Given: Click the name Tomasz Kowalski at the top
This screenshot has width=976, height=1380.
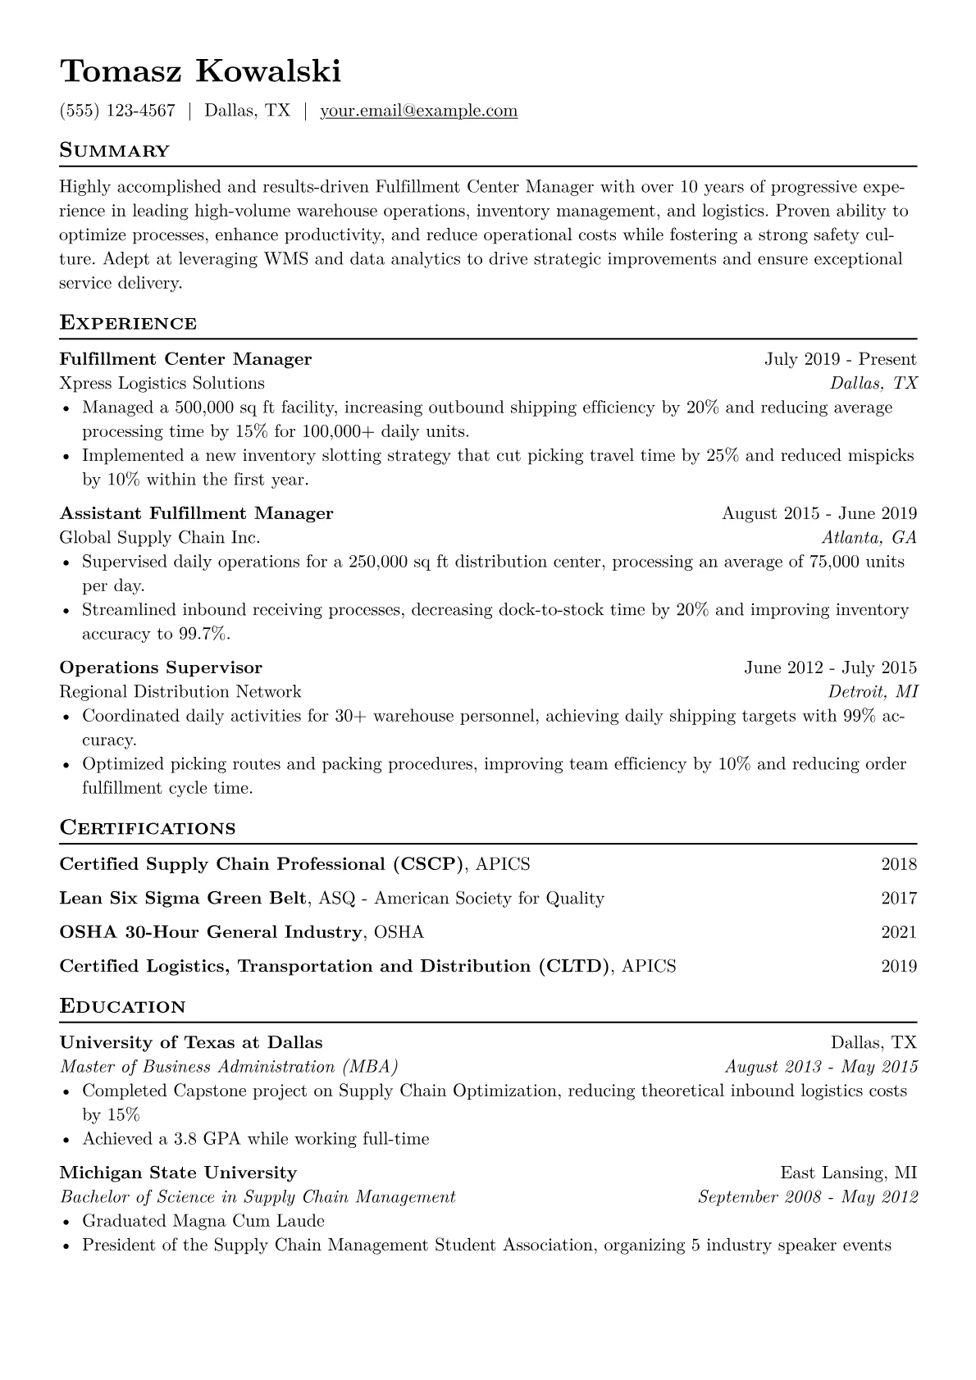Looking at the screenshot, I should (200, 71).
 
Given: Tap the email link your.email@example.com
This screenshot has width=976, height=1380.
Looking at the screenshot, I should (418, 111).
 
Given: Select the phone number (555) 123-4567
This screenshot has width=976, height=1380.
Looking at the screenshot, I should (117, 111).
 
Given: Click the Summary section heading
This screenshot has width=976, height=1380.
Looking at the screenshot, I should (115, 151).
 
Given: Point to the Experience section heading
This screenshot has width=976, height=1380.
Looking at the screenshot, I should (128, 323).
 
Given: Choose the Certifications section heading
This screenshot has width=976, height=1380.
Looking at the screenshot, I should (148, 828).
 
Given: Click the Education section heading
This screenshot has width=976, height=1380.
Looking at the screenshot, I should (123, 1006).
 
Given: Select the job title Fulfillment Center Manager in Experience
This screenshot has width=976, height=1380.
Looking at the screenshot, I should (185, 359).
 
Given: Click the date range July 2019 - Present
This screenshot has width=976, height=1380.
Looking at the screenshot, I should (840, 359).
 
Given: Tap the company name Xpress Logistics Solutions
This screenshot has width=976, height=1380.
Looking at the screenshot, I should (162, 383).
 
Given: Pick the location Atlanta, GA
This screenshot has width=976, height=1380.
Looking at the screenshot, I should (869, 538).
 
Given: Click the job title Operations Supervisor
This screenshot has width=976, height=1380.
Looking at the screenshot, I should (161, 667).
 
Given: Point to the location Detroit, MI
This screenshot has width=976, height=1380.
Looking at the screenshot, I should (872, 692).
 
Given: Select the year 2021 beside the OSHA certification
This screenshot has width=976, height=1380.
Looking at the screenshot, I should (899, 932).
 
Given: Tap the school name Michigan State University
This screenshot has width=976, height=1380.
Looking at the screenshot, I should (178, 1173).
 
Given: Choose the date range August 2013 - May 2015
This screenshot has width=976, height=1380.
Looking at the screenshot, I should (821, 1067).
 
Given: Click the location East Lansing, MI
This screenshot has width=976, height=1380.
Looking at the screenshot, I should (848, 1173).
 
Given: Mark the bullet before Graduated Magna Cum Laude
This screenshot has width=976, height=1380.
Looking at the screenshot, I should (66, 1222).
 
